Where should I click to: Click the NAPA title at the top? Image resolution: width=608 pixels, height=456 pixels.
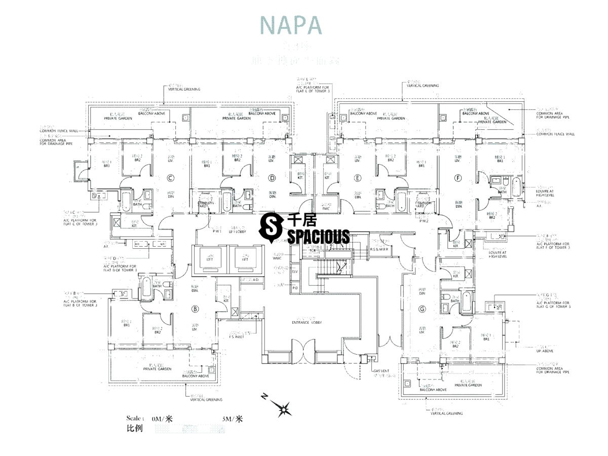(290, 24)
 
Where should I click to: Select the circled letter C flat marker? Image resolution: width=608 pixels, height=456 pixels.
(171, 178)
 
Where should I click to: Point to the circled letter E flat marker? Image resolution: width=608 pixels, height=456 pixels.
(358, 178)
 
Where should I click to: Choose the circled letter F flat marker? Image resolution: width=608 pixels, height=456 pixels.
(459, 178)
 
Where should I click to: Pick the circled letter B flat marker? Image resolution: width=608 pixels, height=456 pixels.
(194, 308)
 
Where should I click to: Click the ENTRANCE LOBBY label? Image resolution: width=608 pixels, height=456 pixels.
(307, 323)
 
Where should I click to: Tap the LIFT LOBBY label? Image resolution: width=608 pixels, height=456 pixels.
(238, 231)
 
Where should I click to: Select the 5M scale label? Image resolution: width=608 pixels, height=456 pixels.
(232, 419)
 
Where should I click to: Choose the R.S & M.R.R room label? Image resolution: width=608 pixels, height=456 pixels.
(378, 249)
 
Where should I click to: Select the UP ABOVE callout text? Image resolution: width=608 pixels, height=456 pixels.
(545, 350)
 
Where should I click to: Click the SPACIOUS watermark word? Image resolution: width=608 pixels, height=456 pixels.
(318, 236)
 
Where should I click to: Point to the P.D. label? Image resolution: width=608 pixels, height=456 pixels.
(295, 288)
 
